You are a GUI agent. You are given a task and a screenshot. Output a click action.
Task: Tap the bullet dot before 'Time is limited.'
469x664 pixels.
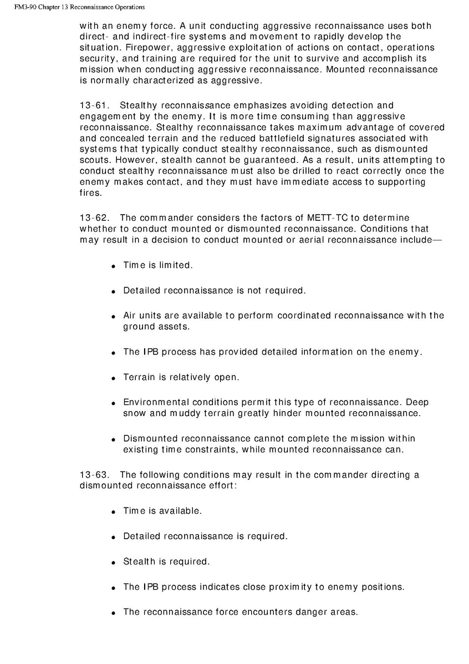pos(113,266)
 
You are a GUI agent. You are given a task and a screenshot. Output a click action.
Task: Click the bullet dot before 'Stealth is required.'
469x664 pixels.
pos(113,562)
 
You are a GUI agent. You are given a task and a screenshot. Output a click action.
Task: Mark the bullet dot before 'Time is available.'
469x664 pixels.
pos(113,511)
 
